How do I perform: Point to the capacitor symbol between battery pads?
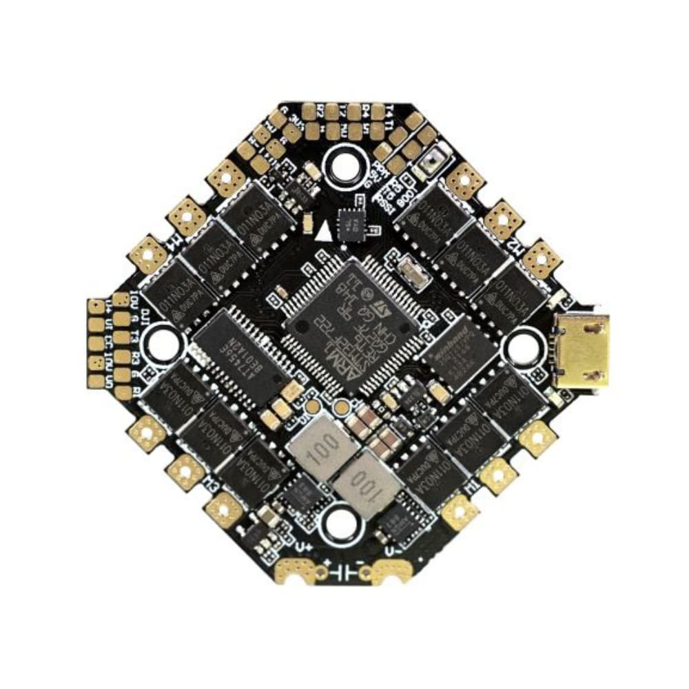coord(342,573)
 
